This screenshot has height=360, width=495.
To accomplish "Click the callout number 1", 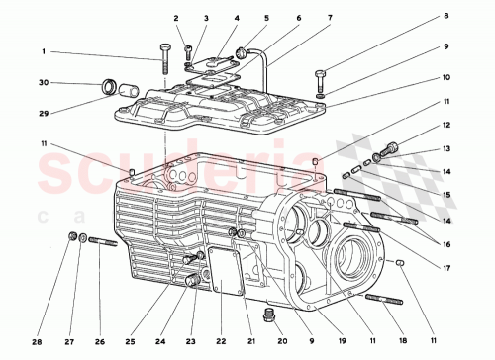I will pos(44,51).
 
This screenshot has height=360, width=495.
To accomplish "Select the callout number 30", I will pos(44,82).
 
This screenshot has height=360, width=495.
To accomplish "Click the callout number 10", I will pos(446,75).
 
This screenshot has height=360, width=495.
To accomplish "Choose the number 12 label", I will pos(446,126).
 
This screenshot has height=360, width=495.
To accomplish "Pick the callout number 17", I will pos(446,264).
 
